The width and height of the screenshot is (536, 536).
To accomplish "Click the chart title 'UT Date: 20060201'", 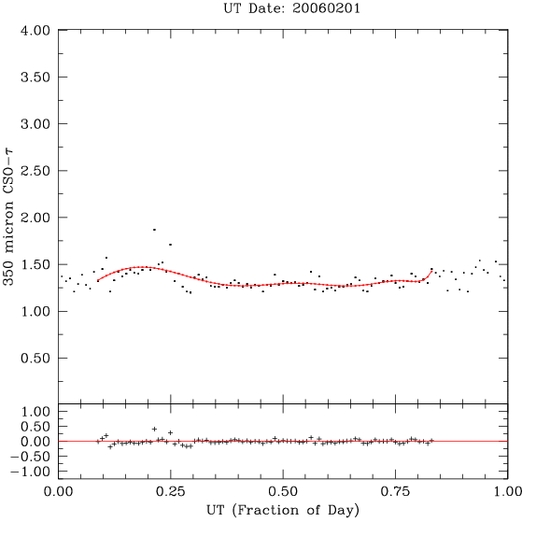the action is [291, 8].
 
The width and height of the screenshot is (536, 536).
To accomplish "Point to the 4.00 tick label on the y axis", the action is [35, 31].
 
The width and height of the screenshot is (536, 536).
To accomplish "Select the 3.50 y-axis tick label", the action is [35, 78].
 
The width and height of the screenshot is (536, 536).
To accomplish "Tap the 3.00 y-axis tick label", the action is [35, 124].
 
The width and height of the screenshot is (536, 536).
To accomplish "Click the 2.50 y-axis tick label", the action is [35, 171].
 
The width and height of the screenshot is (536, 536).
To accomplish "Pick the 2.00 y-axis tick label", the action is [35, 218].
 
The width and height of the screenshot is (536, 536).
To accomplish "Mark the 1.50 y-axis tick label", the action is [35, 264].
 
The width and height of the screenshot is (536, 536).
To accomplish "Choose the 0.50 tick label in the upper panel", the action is [35, 359].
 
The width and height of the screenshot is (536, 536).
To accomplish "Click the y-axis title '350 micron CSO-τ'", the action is [8, 217].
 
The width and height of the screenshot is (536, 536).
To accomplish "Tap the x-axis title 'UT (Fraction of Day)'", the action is [283, 511].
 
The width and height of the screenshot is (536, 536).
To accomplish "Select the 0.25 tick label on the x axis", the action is [171, 491].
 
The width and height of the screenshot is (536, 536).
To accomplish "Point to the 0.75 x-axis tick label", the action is [396, 491].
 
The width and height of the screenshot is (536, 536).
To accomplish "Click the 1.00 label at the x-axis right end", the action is [508, 491].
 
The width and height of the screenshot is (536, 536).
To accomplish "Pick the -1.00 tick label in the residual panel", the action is [31, 472].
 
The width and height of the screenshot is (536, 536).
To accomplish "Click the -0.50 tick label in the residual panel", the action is [31, 457].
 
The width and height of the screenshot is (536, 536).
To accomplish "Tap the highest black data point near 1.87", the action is [154, 230].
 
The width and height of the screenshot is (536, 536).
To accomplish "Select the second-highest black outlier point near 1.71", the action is [170, 245].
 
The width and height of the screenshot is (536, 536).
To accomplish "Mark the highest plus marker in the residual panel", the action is [154, 429].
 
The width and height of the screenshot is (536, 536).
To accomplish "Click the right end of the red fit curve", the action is [432, 271].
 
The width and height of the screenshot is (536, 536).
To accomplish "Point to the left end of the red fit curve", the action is [98, 281].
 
